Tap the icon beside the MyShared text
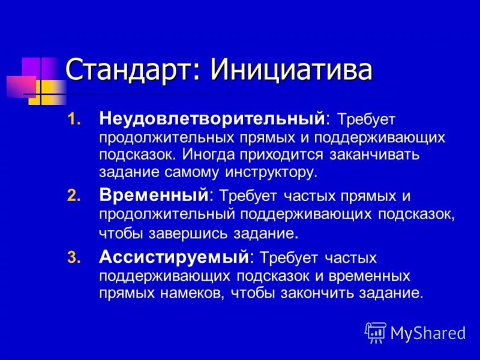[x=376, y=332]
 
